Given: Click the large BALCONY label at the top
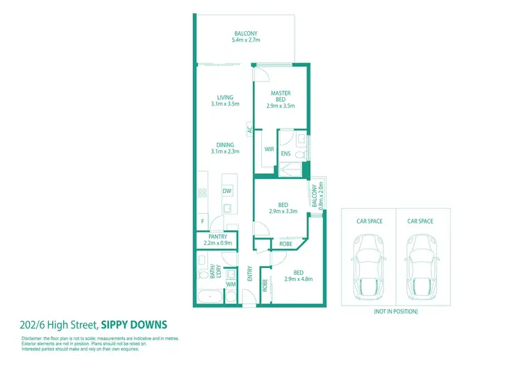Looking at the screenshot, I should (245, 33).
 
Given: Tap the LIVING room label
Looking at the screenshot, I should (224, 97).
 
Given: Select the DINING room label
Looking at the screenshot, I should (224, 145).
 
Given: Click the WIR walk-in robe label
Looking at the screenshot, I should (267, 149).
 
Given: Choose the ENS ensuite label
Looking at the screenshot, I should (286, 153).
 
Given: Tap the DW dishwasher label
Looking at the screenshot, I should (226, 191).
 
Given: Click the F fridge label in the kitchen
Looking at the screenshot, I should (202, 222).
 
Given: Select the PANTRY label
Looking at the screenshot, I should (217, 237).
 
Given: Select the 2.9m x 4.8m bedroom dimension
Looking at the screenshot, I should (298, 279).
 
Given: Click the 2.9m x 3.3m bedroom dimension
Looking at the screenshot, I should (283, 212).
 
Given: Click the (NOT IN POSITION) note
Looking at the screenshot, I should (395, 312).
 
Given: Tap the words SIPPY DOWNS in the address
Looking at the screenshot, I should (134, 324).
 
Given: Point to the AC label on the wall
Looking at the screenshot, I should (249, 128).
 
